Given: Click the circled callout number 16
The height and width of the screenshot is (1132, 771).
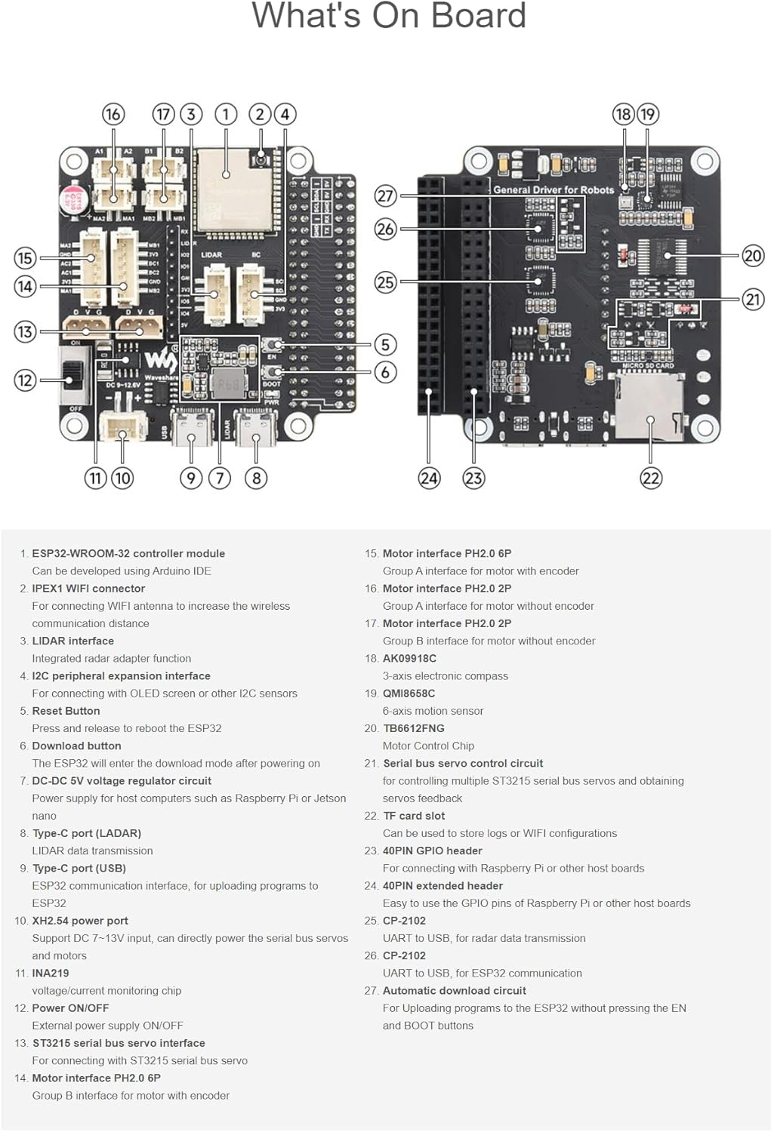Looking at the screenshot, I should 113,114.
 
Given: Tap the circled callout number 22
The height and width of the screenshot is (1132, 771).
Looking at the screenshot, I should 650,478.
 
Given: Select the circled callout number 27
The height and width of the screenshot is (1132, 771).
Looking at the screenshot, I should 385,196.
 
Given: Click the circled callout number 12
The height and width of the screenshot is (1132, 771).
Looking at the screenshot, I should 25,380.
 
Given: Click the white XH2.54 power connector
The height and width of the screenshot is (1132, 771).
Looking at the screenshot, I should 122,428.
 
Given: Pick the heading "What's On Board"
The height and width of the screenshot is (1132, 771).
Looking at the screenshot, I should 388,17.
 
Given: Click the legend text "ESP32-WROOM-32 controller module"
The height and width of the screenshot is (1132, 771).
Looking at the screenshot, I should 128,553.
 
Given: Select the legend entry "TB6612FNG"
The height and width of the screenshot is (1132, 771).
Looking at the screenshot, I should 413,728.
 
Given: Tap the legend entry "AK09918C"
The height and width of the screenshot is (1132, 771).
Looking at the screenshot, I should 409,658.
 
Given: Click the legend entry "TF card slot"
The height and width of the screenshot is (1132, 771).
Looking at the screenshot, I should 414,816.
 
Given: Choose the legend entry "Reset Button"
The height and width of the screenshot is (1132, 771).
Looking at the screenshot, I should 66,711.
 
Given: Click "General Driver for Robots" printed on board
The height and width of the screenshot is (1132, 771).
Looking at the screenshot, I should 554,190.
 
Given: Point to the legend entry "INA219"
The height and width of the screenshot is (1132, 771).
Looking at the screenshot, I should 51,974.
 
